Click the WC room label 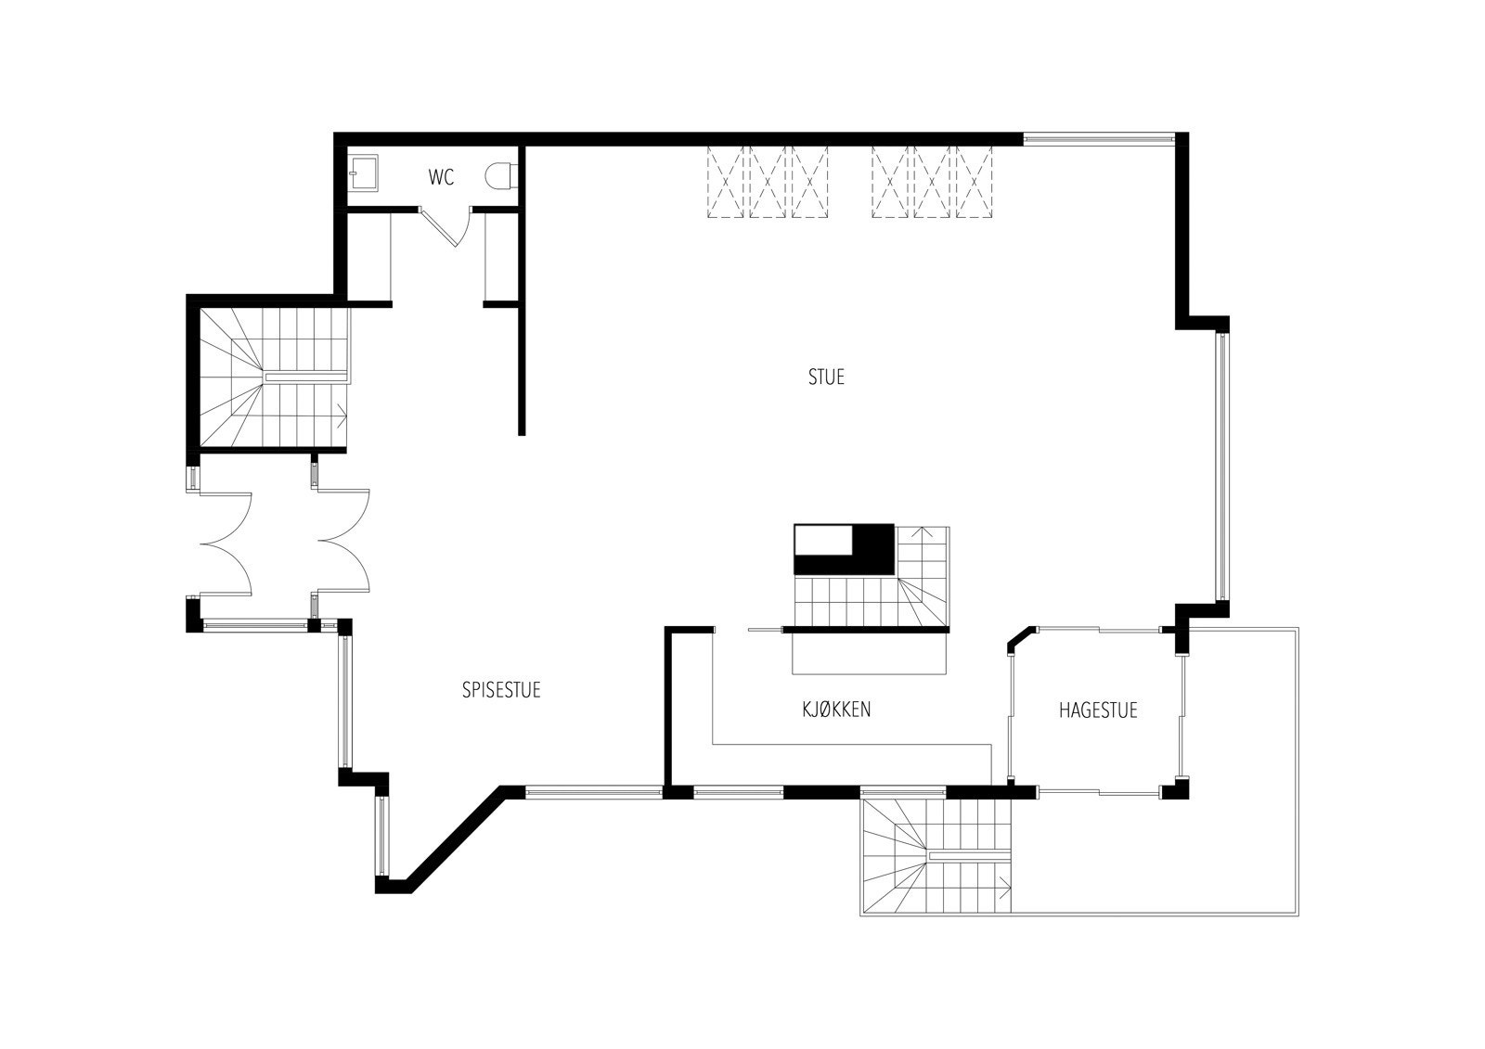(x=442, y=177)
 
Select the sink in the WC (x=363, y=173)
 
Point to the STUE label (x=826, y=377)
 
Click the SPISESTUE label (x=501, y=690)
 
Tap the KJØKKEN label (x=836, y=710)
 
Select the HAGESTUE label (x=1098, y=711)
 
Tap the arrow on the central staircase (x=923, y=534)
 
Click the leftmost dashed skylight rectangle (x=727, y=182)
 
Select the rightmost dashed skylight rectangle (x=975, y=182)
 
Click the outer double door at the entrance (x=226, y=543)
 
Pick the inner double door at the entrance (x=344, y=542)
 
